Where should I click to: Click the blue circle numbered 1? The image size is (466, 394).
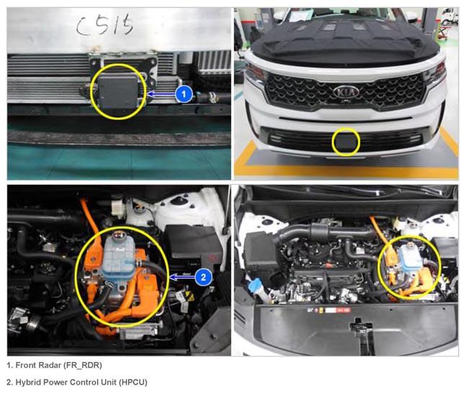pos(184,94)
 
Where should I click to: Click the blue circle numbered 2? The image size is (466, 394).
pos(204,277)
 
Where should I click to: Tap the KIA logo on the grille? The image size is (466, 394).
pos(346,92)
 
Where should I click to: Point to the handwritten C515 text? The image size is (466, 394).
pos(104,25)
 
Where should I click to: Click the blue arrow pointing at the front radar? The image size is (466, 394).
pos(161,95)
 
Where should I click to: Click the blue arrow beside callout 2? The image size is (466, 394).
pos(182,278)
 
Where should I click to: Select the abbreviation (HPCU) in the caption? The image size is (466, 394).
pos(133,382)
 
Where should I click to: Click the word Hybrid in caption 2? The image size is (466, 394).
pos(26,382)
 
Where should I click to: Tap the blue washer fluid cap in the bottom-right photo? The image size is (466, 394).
pos(255,284)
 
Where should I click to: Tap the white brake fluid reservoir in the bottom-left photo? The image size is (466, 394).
pos(118,206)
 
